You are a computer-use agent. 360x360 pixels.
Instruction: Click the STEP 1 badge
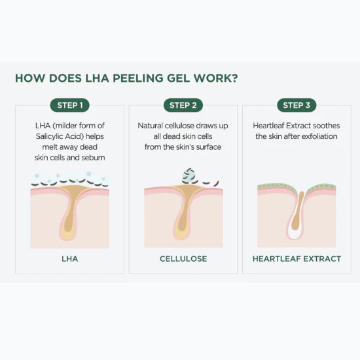69,105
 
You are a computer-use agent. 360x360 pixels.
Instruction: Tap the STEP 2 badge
183,105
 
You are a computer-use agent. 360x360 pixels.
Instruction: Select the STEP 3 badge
297,105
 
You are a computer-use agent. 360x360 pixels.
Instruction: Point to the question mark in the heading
234,78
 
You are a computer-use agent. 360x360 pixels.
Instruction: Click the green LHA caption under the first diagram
70,259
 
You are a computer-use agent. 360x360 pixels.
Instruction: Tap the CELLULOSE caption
183,259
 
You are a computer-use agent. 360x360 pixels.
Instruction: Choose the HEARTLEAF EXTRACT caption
297,259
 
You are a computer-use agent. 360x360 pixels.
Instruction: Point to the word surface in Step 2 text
209,147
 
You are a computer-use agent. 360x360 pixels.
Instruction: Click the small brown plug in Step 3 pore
298,211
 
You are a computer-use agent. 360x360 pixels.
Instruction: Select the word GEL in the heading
179,78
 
